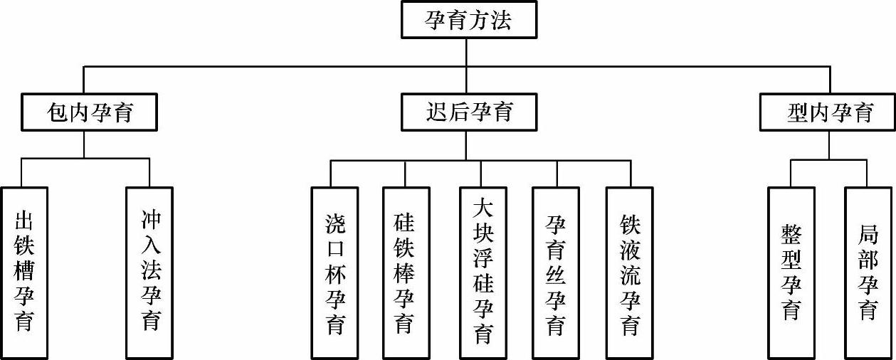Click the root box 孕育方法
point(467,19)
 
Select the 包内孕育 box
point(89,112)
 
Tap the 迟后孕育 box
point(467,112)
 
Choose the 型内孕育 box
point(828,112)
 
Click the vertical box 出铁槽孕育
point(24,272)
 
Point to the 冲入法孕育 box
point(150,272)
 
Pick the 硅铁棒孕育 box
point(405,272)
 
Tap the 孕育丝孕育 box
point(556,272)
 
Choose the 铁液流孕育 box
point(629,272)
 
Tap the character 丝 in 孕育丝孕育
point(556,273)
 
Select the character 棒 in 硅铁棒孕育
point(405,273)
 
